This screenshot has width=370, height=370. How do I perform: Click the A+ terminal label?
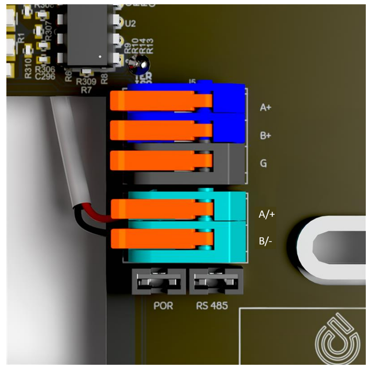pos(265,107)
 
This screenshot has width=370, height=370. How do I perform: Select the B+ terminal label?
pos(265,135)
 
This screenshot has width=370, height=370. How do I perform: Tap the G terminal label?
pos(263,164)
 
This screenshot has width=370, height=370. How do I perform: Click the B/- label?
pos(266,242)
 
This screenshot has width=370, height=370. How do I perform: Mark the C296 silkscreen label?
pos(43,77)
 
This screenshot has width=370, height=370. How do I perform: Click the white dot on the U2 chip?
pos(99,56)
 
